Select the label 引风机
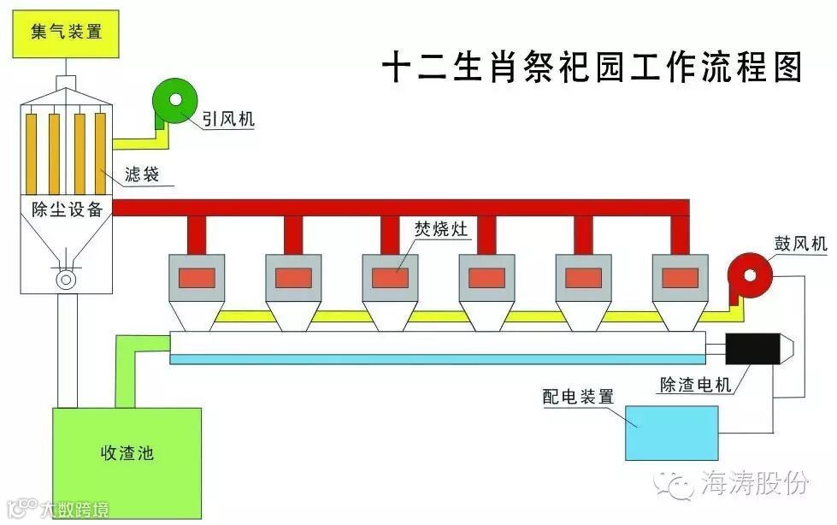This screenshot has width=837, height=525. coord(227,119)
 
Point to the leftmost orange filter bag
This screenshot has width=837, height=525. coord(33,151)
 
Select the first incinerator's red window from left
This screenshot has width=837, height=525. coord(196,277)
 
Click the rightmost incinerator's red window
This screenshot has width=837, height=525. coord(681,277)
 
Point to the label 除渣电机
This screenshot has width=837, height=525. coord(695,385)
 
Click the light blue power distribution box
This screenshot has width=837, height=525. coord(672,433)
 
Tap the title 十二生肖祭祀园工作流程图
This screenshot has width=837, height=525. coord(592,66)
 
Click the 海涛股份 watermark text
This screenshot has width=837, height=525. coord(753,485)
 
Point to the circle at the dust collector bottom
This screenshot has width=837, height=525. coord(65,279)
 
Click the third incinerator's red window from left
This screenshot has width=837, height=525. coord(390,277)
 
